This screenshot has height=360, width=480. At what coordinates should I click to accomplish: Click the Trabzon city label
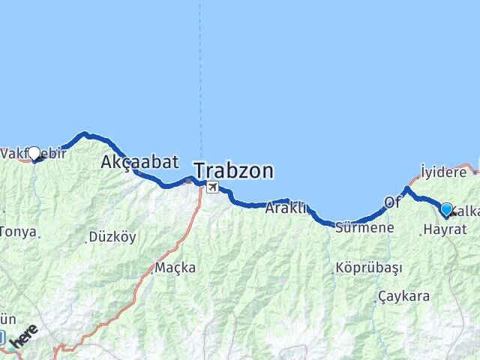233,171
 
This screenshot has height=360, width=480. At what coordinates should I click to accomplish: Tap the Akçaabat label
139,161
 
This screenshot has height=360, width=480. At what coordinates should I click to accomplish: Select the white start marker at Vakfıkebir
34,153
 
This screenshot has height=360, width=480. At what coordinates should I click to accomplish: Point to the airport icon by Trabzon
213,187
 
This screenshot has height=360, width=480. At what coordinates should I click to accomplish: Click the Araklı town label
286,208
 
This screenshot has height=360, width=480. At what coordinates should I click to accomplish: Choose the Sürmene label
364,226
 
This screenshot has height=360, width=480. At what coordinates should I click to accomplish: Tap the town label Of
393,202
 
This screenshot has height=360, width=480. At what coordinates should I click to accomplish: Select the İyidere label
443,172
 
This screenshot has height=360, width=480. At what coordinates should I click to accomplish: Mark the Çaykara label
404,296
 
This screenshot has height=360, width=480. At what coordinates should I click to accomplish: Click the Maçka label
175,267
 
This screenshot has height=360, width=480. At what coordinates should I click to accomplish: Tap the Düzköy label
112,237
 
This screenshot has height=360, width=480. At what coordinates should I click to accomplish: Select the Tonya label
18,232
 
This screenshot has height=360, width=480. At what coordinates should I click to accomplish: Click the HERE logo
24,336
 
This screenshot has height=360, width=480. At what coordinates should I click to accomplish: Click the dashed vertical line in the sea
199,75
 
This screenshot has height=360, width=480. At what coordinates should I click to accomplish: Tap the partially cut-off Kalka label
466,211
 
